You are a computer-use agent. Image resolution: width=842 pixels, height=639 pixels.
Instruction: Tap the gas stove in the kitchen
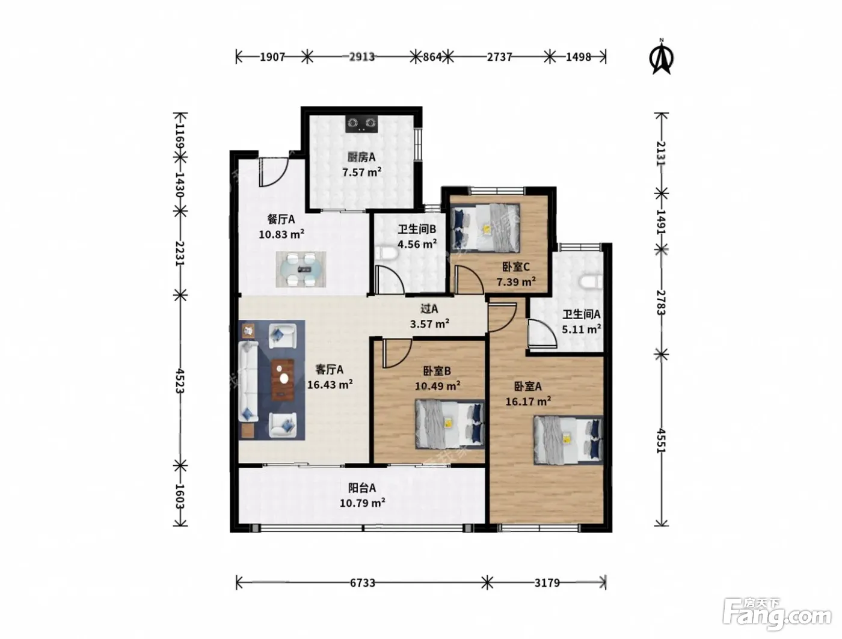[361, 124]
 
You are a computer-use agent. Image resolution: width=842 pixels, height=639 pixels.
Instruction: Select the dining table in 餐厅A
[301, 269]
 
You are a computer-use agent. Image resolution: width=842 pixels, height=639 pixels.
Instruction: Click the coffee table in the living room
[283, 380]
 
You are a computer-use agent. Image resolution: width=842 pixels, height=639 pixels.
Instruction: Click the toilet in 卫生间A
[591, 282]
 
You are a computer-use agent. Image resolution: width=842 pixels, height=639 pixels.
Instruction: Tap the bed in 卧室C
[485, 228]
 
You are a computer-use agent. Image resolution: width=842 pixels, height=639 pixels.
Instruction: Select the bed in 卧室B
[450, 424]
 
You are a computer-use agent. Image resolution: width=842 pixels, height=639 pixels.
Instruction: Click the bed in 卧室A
[568, 441]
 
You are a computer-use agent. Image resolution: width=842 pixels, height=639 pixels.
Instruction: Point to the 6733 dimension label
[363, 583]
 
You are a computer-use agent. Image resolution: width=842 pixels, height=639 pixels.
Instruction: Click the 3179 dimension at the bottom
[547, 583]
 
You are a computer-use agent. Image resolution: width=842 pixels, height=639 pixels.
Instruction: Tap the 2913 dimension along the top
[361, 57]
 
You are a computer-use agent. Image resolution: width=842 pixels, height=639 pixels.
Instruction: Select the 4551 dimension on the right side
[660, 441]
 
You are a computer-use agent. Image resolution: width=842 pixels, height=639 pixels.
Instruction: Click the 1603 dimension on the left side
[180, 497]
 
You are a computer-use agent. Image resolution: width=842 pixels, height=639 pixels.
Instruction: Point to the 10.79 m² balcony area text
[363, 503]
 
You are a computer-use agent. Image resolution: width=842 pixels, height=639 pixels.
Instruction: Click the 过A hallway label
[429, 308]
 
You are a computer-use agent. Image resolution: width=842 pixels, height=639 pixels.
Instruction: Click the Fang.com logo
[777, 614]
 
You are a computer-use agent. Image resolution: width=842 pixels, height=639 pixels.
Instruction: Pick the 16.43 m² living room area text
[330, 385]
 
